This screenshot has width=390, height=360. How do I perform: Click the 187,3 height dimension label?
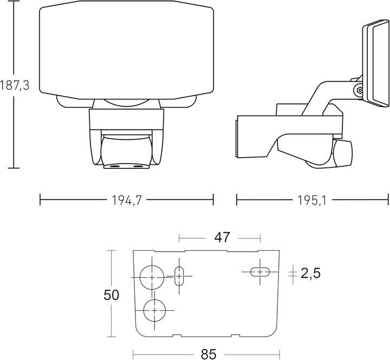pyautogui.click(x=15, y=86)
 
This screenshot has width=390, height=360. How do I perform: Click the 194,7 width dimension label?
pyautogui.click(x=127, y=200)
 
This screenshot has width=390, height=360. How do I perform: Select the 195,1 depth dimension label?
pyautogui.click(x=312, y=200)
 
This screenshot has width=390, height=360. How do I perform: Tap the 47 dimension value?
pyautogui.click(x=222, y=238)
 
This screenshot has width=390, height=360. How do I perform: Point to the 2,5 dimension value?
pyautogui.click(x=311, y=273)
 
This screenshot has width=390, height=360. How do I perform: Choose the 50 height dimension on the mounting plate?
pyautogui.click(x=111, y=296)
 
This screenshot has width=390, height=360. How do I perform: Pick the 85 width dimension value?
pyautogui.click(x=209, y=354)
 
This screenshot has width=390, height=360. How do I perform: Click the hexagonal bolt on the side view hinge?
pyautogui.click(x=360, y=90)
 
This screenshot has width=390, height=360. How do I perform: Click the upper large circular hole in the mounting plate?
pyautogui.click(x=152, y=277)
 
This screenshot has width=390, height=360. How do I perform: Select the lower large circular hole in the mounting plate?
pyautogui.click(x=154, y=310)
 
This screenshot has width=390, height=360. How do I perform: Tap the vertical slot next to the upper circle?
pyautogui.click(x=179, y=276)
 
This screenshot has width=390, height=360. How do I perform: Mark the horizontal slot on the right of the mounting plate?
pyautogui.click(x=260, y=272)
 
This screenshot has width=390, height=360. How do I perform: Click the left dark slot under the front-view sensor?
pyautogui.click(x=115, y=166)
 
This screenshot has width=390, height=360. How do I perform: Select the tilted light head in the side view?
pyautogui.click(x=375, y=64)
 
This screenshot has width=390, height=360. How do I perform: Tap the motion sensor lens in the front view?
pyautogui.click(x=126, y=150)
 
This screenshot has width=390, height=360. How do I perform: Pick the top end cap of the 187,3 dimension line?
pyautogui.click(x=13, y=2)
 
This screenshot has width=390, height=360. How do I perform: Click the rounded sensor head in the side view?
pyautogui.click(x=342, y=153)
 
